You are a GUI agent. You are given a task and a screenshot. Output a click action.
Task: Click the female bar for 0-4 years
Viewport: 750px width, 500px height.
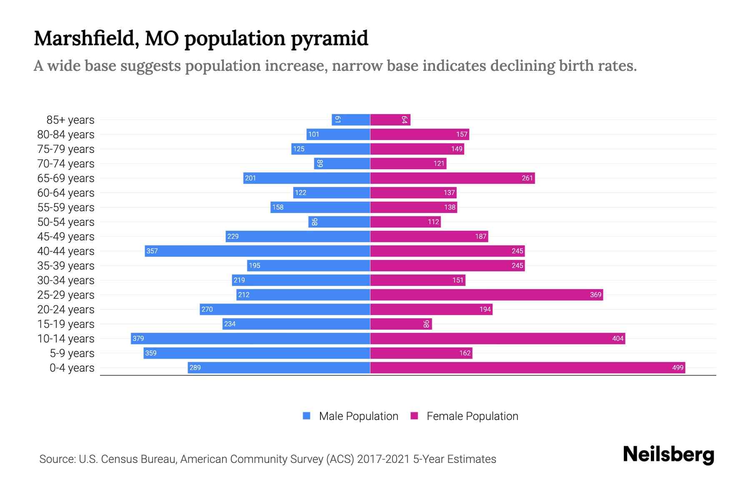point(527,367)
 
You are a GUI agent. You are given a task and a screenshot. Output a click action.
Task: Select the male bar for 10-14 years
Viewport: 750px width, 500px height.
point(250,338)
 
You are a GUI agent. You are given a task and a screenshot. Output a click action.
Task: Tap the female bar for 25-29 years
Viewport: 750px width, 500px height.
point(486,295)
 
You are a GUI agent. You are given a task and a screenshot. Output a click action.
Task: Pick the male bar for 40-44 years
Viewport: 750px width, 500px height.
point(257,251)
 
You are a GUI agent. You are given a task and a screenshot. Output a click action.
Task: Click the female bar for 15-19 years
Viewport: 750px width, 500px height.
point(401,324)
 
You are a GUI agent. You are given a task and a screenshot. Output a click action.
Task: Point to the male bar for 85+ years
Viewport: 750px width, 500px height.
point(351,120)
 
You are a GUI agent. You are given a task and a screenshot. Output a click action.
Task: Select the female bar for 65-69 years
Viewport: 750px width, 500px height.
point(452,178)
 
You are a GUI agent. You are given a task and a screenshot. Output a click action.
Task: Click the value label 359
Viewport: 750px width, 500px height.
point(151,353)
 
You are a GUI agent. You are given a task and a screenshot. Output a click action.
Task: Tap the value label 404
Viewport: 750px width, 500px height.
point(617,338)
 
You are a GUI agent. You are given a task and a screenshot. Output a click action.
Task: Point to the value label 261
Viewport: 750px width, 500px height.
point(527,178)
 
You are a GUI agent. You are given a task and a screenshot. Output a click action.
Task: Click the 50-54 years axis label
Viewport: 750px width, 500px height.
point(66,222)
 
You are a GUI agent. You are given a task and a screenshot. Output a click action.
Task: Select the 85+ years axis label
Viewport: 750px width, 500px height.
point(70,120)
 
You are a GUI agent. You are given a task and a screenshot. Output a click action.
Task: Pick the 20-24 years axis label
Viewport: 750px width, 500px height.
point(66,309)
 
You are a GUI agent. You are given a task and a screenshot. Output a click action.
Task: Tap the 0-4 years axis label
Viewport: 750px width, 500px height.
point(72,367)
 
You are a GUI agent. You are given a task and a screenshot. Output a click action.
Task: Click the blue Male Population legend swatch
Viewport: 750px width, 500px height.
point(307,416)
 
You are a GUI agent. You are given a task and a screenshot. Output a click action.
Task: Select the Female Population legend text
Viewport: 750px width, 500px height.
point(472,416)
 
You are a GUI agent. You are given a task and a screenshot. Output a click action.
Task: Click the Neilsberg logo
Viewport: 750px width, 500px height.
point(668,454)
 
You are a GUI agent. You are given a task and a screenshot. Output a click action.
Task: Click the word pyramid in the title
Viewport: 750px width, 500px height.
point(329,38)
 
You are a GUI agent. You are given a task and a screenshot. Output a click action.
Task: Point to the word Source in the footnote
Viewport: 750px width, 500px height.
point(57,459)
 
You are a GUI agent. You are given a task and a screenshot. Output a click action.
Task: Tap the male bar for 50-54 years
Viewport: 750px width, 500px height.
point(339,222)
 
